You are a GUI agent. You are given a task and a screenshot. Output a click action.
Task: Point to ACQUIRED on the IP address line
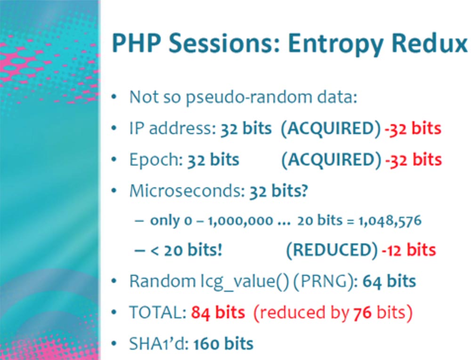[331, 128]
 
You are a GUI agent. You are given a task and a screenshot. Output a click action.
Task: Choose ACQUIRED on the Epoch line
[331, 160]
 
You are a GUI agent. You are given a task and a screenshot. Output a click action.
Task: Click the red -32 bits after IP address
[413, 128]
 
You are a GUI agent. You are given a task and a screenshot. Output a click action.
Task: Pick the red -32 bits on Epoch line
[414, 160]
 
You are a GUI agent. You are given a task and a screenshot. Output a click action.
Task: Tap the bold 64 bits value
[390, 281]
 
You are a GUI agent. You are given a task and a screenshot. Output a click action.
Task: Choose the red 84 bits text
[218, 312]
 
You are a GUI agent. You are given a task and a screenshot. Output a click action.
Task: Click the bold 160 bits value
[223, 344]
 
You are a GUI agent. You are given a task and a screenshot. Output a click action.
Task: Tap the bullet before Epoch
[114, 160]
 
